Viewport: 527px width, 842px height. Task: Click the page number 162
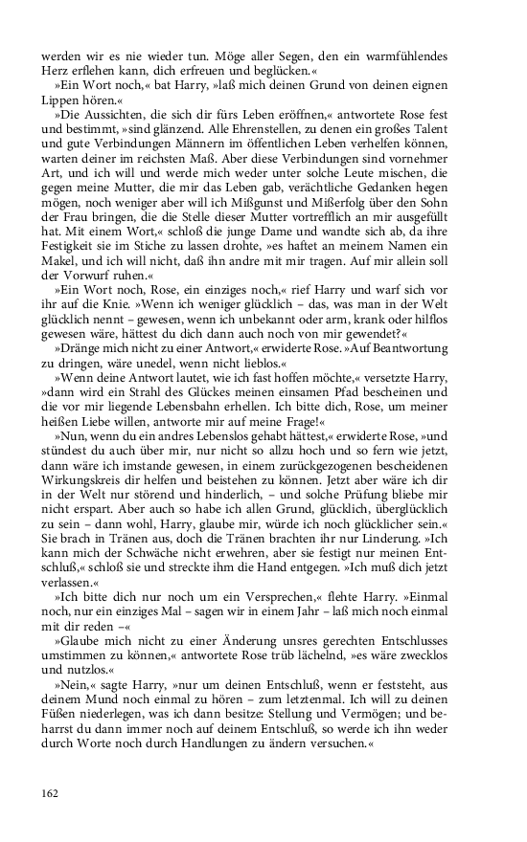50,791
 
